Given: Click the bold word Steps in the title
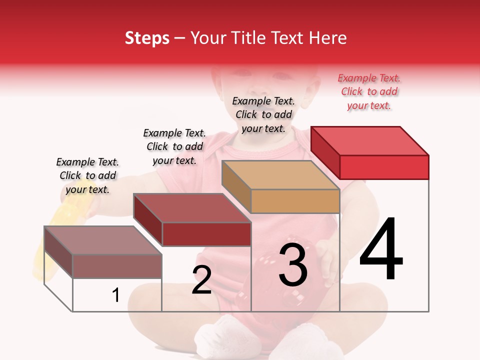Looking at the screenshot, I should (147, 38).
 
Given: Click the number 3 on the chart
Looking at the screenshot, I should (293, 265).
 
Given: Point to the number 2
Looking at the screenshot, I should (201, 280).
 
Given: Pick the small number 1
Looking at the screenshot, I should (116, 295).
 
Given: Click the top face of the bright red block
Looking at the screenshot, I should (370, 140).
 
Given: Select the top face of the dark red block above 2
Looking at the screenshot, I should (192, 208).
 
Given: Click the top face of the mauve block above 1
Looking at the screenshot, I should (103, 240).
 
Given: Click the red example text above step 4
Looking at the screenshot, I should (369, 91).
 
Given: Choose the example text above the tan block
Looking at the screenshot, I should (263, 114).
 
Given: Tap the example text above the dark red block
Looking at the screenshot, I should (174, 146).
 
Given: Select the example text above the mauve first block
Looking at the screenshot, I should (87, 175).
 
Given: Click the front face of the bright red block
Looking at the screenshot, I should (384, 167).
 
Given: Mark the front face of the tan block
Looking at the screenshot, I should (295, 201).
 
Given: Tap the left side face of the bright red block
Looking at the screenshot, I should (325, 152).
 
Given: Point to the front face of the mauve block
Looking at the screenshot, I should (117, 266).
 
